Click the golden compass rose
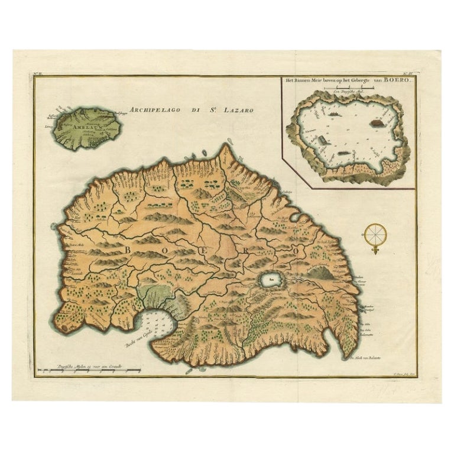coord(375,235)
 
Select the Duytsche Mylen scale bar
coord(89,371)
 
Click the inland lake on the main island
coord(270,280)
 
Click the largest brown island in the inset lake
coord(376,124)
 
